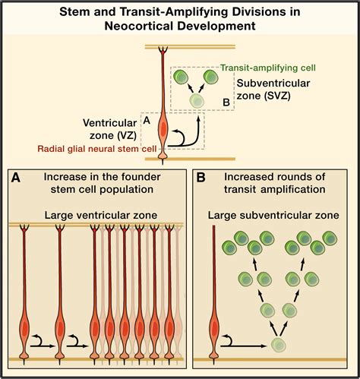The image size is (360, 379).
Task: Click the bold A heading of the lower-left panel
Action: pos(16,178)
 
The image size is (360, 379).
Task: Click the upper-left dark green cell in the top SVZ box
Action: pos(182,77)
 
